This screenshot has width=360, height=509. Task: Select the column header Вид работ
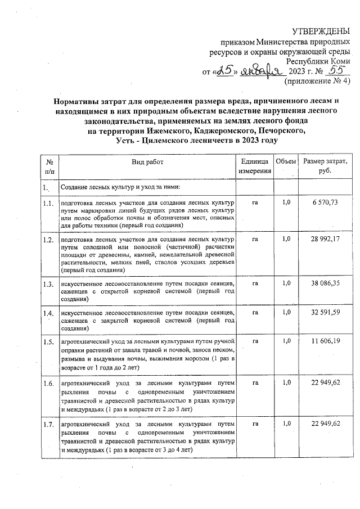click(147, 162)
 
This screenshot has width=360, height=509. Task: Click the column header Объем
click(286, 162)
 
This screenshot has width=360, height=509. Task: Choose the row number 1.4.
click(48, 313)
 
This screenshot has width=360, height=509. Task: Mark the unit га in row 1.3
click(255, 283)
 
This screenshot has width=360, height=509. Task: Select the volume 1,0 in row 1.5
click(286, 341)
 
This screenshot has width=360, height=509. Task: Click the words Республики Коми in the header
click(318, 61)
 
